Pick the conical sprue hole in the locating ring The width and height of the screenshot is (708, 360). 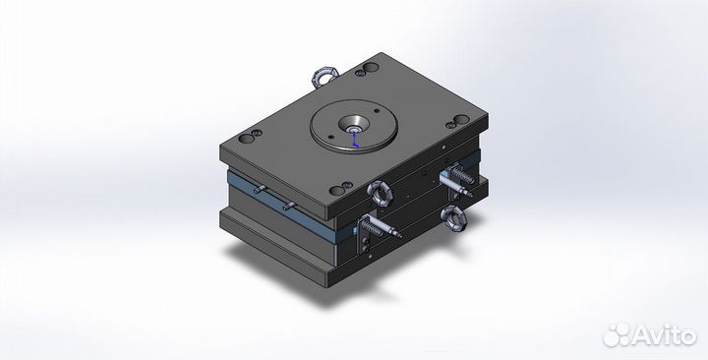[x=352, y=127]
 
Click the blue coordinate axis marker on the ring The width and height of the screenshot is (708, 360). [x=357, y=142]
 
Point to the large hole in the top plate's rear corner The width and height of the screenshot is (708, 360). [x=366, y=70]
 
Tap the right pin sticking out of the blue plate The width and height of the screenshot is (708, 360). [x=290, y=206]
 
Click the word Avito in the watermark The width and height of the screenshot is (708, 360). [x=661, y=335]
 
